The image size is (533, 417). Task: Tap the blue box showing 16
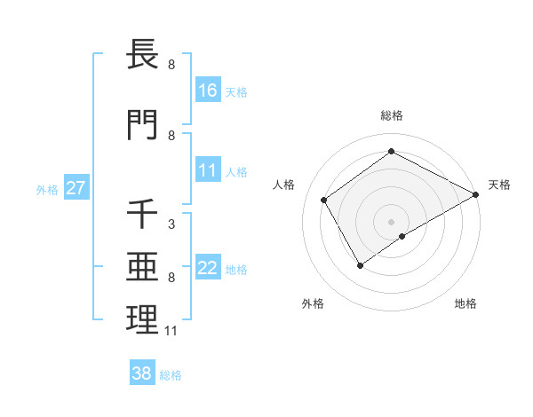tap(208, 90)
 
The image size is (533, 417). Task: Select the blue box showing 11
tap(208, 170)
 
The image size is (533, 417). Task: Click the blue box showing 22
tap(208, 269)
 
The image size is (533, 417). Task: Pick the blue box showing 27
tap(76, 188)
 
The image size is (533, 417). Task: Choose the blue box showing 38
tap(141, 374)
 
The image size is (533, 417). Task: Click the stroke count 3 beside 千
tap(171, 224)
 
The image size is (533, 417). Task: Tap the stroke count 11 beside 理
tap(171, 331)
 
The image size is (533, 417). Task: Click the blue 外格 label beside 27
tap(47, 189)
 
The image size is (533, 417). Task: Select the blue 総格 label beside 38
tap(171, 375)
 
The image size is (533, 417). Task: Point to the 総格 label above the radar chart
tap(391, 115)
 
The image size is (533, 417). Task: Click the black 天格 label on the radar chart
tap(499, 185)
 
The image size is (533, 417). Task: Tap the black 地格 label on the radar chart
tap(465, 303)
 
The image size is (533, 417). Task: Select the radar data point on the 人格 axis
tap(324, 200)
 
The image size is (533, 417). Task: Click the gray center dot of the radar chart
tap(391, 221)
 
